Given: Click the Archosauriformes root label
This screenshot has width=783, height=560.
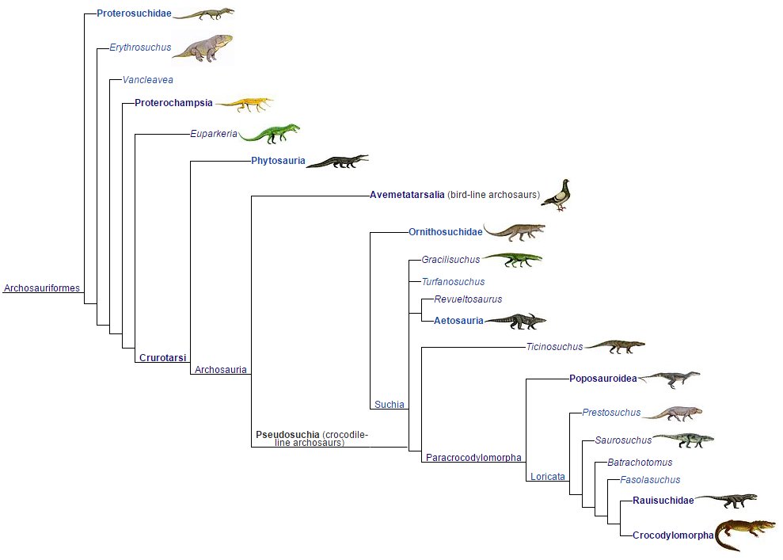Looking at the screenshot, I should click(42, 288).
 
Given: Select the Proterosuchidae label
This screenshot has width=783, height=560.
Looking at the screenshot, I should click(134, 13).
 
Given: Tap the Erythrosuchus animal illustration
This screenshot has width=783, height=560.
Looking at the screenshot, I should click(203, 48).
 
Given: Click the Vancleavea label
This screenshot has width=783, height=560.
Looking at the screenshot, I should click(147, 80).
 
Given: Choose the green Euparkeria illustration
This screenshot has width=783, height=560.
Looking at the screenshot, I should click(269, 134).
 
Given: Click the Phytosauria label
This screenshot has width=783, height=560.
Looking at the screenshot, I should click(278, 162).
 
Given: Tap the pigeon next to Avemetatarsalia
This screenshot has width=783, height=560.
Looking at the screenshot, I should click(557, 195).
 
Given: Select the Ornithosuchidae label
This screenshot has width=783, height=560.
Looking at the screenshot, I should click(445, 232).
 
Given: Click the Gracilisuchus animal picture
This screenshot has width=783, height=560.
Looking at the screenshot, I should click(513, 259).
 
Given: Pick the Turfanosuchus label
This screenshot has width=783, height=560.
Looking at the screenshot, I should click(453, 282).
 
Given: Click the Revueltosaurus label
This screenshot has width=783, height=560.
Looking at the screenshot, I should click(468, 299).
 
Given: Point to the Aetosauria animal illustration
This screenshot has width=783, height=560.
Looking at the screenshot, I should click(515, 321).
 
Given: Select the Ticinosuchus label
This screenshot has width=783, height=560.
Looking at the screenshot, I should click(554, 347).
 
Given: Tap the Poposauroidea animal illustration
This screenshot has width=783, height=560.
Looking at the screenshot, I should click(670, 379).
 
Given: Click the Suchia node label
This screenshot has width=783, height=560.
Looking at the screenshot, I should click(390, 405).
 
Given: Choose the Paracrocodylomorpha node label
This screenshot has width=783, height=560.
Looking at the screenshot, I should click(473, 458).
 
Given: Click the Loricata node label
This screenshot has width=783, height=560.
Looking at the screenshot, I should click(548, 477).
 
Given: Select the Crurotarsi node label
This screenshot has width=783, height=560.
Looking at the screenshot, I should click(162, 358).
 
